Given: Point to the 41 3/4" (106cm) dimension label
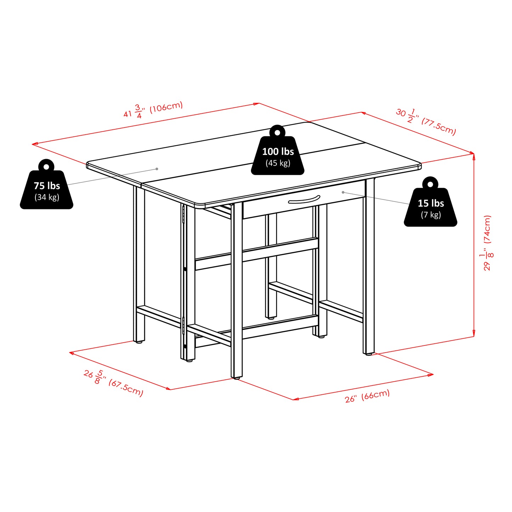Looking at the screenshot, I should click(x=153, y=110).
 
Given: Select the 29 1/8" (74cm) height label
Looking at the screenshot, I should click(x=488, y=243).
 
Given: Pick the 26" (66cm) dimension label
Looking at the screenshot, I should click(x=367, y=395).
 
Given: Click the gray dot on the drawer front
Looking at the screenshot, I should click(x=343, y=192).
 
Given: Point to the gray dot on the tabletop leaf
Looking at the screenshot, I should click(x=157, y=169).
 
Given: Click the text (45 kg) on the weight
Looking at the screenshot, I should click(x=278, y=163).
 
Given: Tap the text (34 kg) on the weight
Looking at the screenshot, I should click(x=47, y=197).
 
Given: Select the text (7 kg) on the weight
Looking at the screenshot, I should click(x=431, y=215).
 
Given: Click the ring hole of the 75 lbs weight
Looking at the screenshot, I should click(x=46, y=166).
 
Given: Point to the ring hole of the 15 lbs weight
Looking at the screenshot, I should click(x=430, y=184).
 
